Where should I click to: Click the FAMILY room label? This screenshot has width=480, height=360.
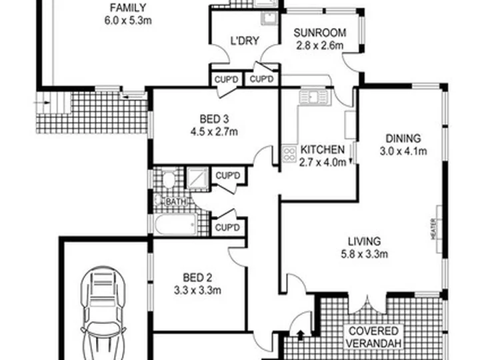(x=128, y=7)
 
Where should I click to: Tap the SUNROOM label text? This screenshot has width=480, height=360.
(x=320, y=33)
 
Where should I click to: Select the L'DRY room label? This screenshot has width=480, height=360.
(x=245, y=41)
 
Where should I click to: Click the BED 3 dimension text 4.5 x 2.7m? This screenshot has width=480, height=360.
(x=214, y=131)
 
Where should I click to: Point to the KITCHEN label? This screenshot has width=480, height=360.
(x=323, y=150)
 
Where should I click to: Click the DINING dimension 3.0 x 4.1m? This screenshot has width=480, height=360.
(x=403, y=151)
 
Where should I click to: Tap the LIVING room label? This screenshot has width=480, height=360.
(x=364, y=241)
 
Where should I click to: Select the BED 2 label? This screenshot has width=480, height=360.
(x=197, y=277)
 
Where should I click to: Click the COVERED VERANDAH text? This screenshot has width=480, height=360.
(x=373, y=337)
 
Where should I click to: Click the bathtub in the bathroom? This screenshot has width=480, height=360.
(x=176, y=224)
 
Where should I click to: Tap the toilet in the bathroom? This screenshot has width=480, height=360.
(x=168, y=179)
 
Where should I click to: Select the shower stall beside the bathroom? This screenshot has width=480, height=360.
(x=197, y=177)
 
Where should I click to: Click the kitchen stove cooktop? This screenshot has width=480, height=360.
(x=289, y=154)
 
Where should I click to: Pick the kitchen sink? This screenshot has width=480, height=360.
(x=314, y=97)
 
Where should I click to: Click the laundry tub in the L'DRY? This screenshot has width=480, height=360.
(x=269, y=19)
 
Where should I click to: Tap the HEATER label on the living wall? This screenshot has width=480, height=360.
(x=433, y=229)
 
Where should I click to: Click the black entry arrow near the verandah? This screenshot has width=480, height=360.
(x=301, y=335)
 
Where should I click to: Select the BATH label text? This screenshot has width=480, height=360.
(x=176, y=202)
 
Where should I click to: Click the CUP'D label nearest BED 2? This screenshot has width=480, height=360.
(x=227, y=227)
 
